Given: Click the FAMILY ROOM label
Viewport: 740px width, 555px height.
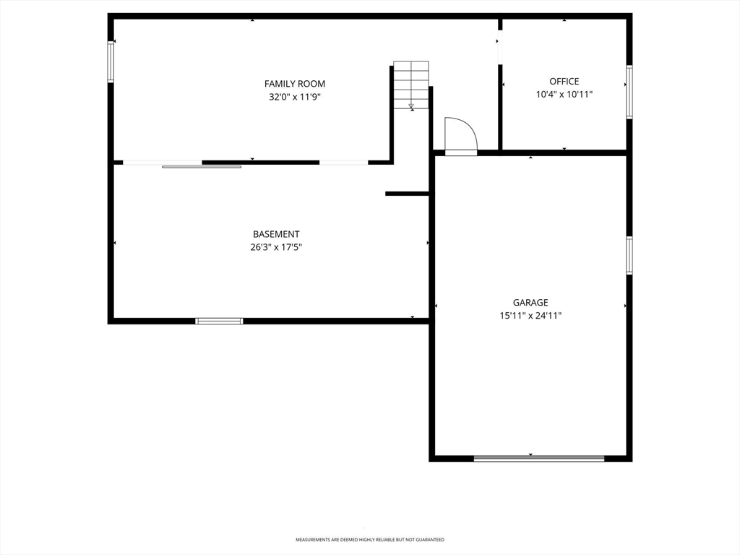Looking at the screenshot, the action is point(295,84).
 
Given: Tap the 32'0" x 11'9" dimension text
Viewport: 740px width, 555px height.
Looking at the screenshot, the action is point(295,97).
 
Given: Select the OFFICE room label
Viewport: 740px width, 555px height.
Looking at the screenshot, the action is point(564,81).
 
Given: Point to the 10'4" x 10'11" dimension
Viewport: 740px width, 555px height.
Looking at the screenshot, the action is point(564,95).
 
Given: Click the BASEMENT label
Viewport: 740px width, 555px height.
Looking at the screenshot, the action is point(276,234).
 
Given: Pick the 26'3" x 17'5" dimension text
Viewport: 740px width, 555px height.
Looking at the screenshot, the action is point(276,247).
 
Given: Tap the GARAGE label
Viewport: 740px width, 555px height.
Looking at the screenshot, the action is point(530,303).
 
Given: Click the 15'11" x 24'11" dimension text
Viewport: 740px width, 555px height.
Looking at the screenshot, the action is point(530,316).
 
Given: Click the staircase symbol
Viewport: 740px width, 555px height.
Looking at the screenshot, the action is point(411,85).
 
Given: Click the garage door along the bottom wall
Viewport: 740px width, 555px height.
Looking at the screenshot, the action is point(539,458).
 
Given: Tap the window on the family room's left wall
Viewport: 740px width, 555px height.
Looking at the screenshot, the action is point(111,62).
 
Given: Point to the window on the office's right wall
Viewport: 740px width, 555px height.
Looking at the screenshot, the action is point(629,92).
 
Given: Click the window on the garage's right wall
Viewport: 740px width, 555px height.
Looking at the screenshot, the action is point(629,255).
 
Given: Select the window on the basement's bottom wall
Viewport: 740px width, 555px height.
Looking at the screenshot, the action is point(220,321).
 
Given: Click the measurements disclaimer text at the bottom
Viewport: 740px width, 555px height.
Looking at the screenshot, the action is point(370,539).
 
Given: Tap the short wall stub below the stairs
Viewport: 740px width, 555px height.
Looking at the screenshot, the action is point(407,194).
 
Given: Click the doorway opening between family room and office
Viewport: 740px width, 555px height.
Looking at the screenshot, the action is point(500,47).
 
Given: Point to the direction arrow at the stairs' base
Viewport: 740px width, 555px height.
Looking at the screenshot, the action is point(411,106).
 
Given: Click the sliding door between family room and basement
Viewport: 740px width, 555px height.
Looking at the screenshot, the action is point(202,167).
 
